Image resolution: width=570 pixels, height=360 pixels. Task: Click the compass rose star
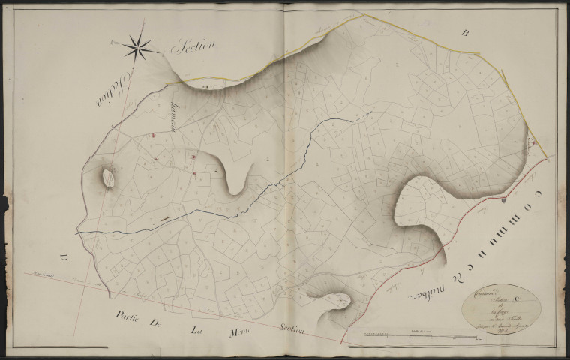tap(139, 48)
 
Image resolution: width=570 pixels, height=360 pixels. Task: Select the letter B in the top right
tap(465, 33)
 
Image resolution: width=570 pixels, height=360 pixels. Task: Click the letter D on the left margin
tap(64, 259)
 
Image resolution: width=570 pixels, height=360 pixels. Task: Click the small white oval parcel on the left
tap(108, 178)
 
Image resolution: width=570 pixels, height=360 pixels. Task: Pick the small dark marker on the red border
tap(504, 200)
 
